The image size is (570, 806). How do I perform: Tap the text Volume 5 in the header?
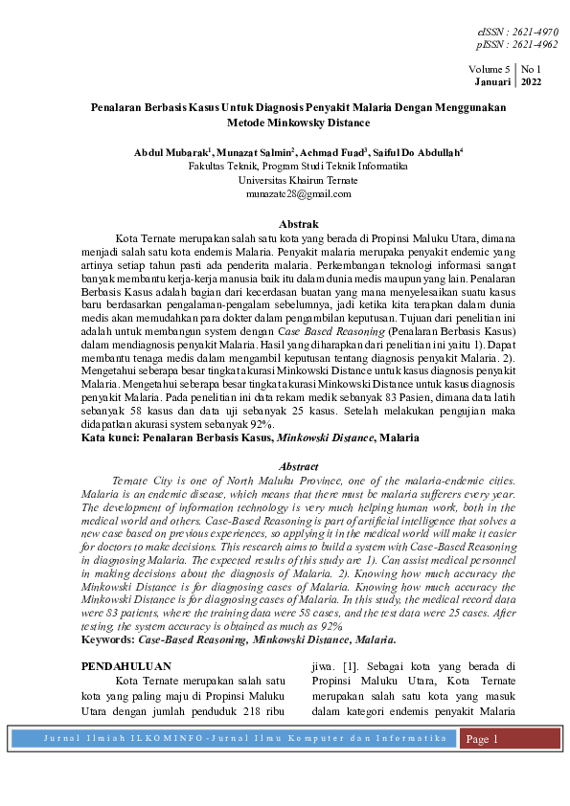coord(490,70)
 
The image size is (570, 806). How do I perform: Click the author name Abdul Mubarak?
coord(173,152)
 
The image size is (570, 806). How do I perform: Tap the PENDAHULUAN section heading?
coord(125,665)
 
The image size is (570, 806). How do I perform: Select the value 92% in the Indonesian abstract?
coord(252,424)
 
